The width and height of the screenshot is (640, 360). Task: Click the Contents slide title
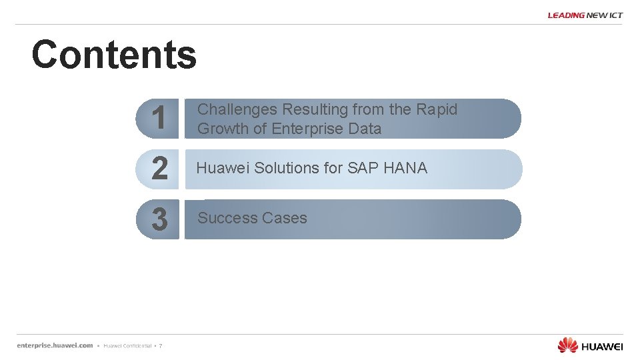pyautogui.click(x=114, y=55)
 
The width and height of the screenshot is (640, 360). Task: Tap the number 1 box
pyautogui.click(x=158, y=119)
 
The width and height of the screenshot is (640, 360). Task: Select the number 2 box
pyautogui.click(x=159, y=169)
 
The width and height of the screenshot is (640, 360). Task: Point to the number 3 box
pyautogui.click(x=159, y=219)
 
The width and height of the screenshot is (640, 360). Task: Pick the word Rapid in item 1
pyautogui.click(x=437, y=109)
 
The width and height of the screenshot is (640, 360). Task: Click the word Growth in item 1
pyautogui.click(x=223, y=129)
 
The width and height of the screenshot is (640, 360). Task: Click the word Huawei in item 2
pyautogui.click(x=223, y=168)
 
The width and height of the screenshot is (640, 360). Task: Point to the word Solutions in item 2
pyautogui.click(x=287, y=168)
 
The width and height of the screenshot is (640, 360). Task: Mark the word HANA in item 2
pyautogui.click(x=405, y=168)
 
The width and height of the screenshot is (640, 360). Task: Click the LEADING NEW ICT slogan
pyautogui.click(x=585, y=15)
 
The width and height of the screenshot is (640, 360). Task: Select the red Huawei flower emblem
pyautogui.click(x=567, y=345)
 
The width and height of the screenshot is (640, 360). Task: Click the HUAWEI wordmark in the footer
pyautogui.click(x=602, y=346)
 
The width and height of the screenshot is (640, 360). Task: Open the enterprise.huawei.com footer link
pyautogui.click(x=55, y=345)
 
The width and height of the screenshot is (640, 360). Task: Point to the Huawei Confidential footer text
pyautogui.click(x=127, y=346)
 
